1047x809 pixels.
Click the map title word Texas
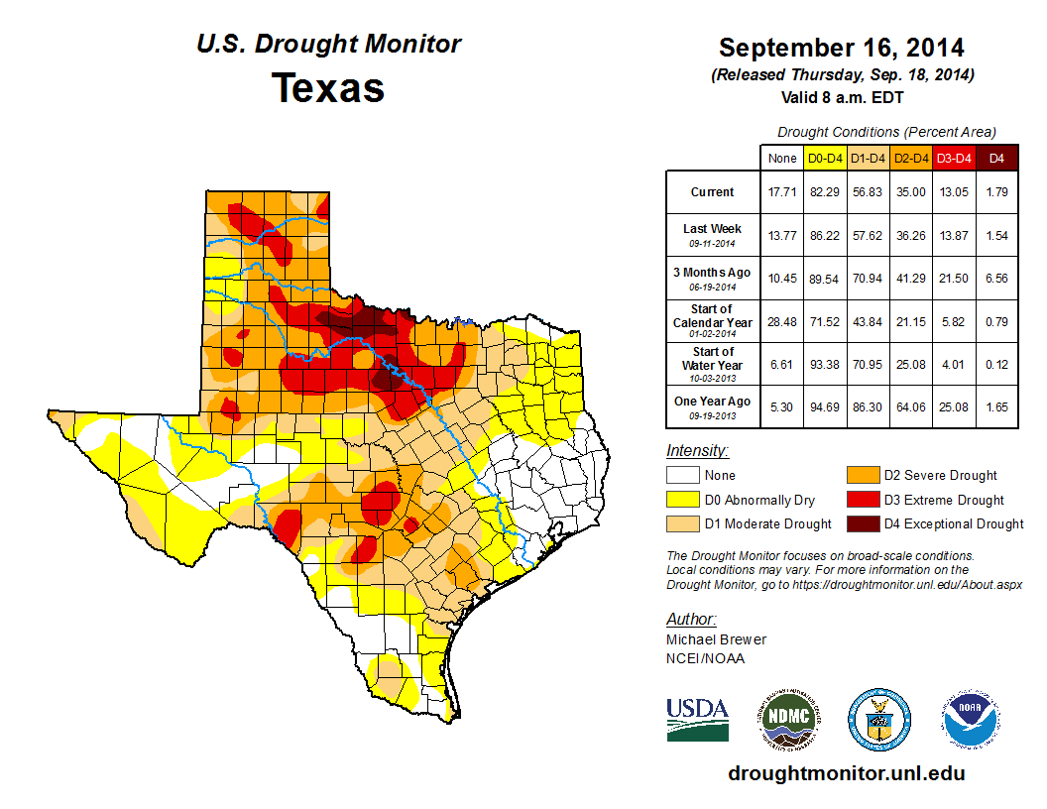coord(328,88)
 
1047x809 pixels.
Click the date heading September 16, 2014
coord(841,48)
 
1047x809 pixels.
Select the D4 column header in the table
coord(996,158)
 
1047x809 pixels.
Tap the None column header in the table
coord(782,158)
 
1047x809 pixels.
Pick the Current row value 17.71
coord(782,192)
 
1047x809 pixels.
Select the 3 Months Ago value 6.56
coord(996,279)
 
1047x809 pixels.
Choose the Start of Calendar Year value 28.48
coord(782,321)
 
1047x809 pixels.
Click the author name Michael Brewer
coord(716,639)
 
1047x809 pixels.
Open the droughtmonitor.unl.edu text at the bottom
coord(846,773)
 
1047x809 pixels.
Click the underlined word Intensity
coord(697,451)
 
